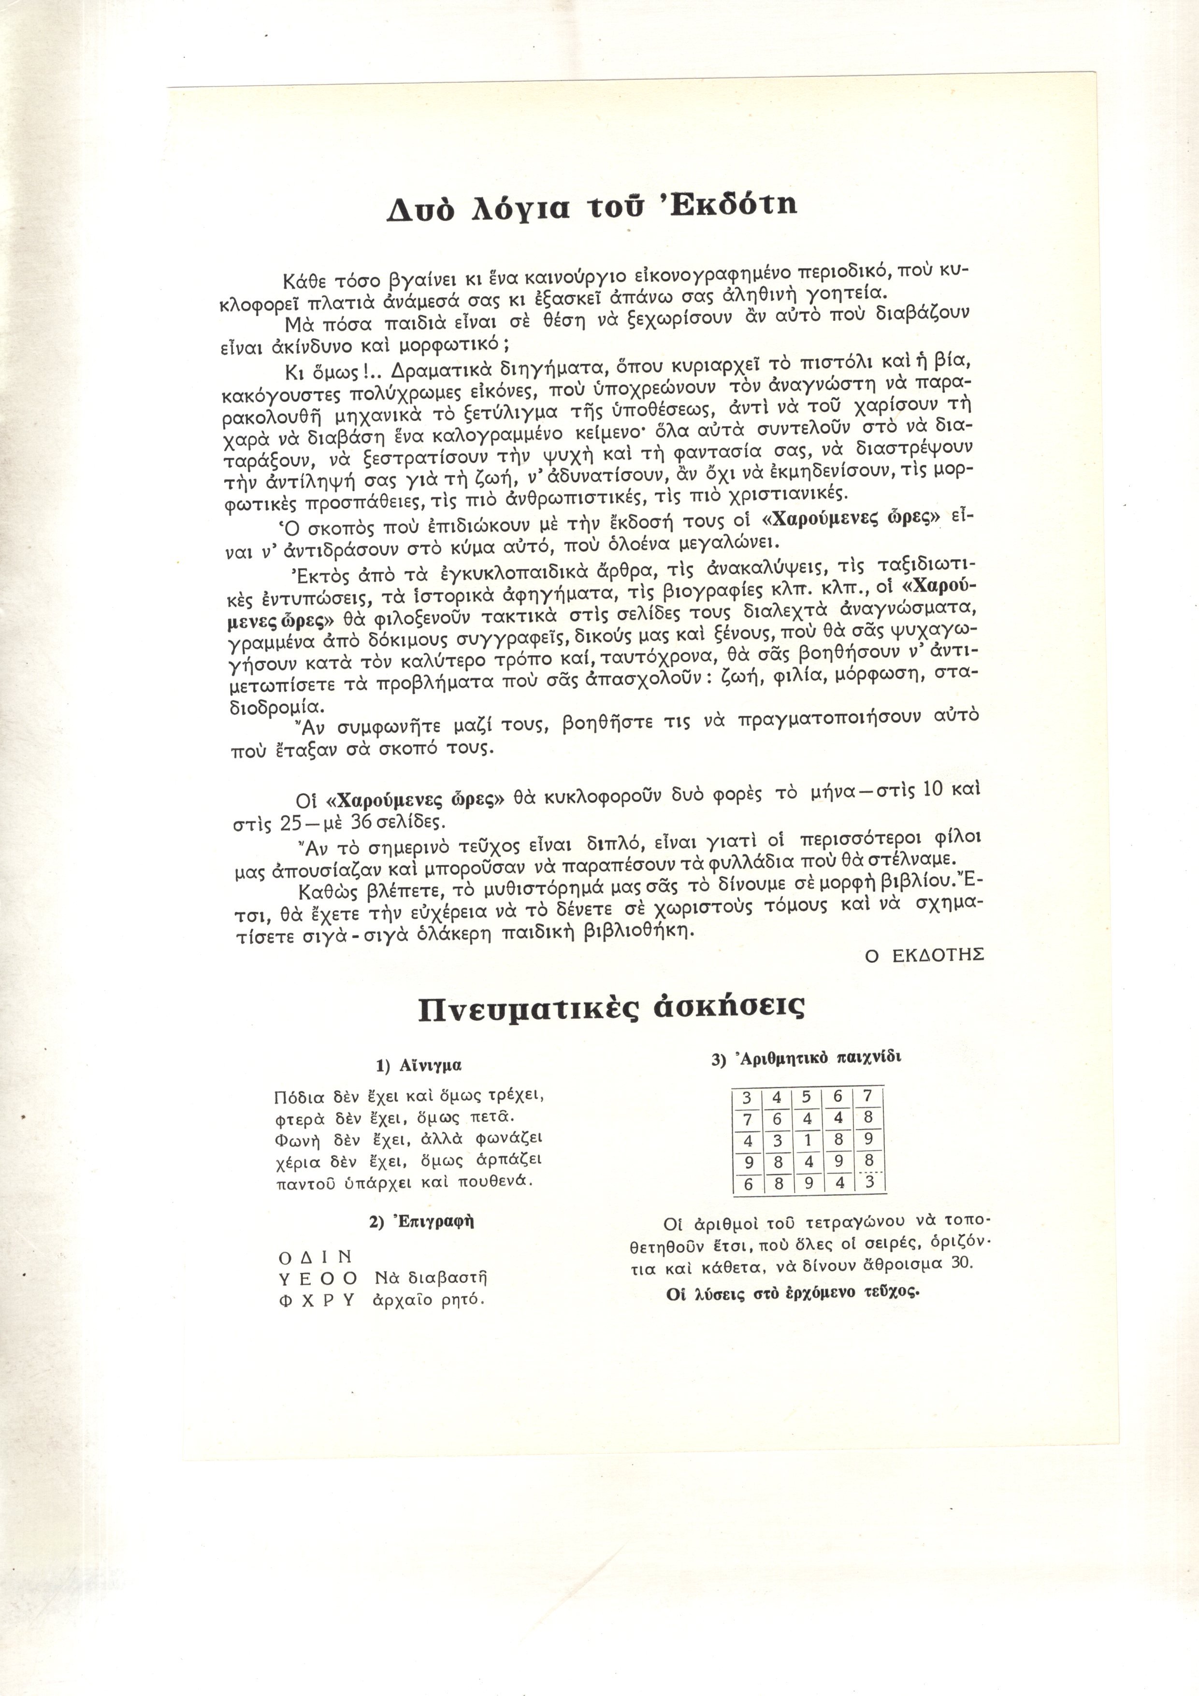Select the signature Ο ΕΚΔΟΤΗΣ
tap(925, 955)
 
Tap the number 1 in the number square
tap(808, 1138)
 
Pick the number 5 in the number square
tap(807, 1097)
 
